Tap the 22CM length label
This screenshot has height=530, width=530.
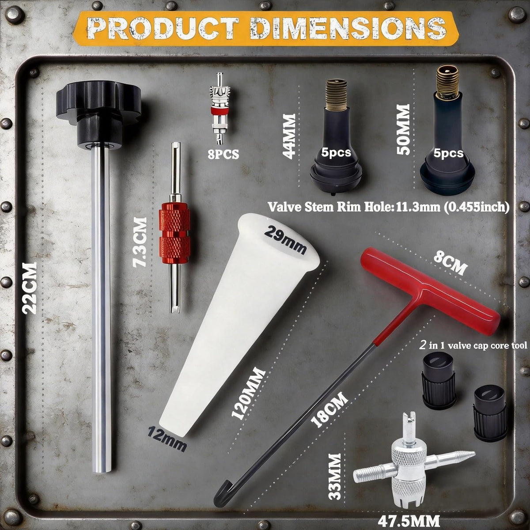[x=30, y=288]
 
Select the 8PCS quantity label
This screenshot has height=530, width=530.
[x=223, y=155]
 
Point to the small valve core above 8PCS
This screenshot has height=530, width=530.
[x=220, y=108]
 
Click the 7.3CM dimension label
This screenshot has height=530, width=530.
[x=140, y=242]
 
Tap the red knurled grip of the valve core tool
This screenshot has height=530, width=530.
[x=174, y=236]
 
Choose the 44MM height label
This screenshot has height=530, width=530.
[x=289, y=136]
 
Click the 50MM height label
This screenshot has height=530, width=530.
[x=403, y=129]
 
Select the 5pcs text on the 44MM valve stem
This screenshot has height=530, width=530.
[x=336, y=152]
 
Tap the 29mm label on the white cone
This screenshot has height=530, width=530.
[x=285, y=239]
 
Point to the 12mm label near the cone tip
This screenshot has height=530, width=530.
[x=167, y=439]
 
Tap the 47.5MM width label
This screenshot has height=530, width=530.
[x=409, y=521]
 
